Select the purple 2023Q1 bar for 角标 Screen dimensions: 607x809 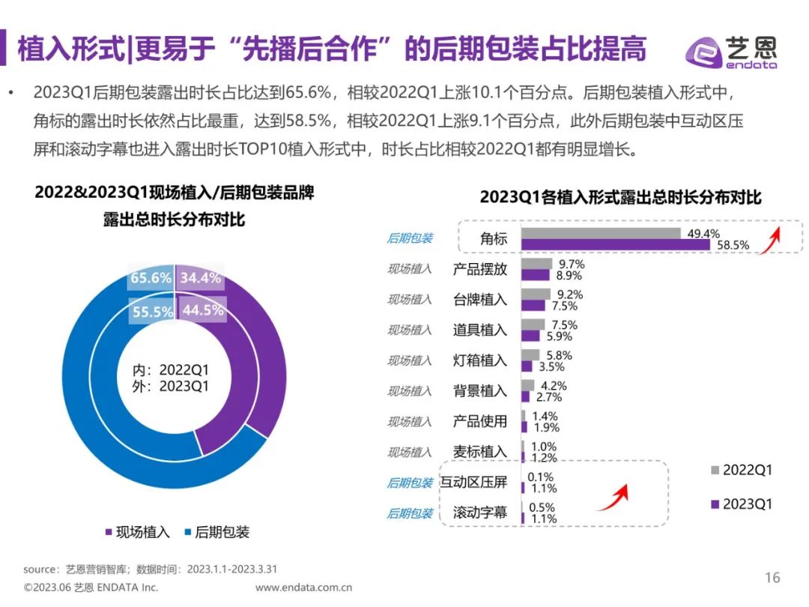[615, 245]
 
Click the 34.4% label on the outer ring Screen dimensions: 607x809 [201, 278]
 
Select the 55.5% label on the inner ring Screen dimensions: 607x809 [152, 312]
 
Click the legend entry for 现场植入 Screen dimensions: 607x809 [138, 532]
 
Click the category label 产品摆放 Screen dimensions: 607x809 [479, 269]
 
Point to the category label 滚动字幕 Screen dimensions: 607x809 [479, 513]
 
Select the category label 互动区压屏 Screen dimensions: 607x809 [473, 483]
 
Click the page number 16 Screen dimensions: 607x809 [772, 577]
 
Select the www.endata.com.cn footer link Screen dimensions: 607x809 [303, 588]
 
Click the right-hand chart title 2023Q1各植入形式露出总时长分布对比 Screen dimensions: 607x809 [620, 197]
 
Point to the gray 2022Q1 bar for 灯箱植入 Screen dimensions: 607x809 [530, 354]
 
